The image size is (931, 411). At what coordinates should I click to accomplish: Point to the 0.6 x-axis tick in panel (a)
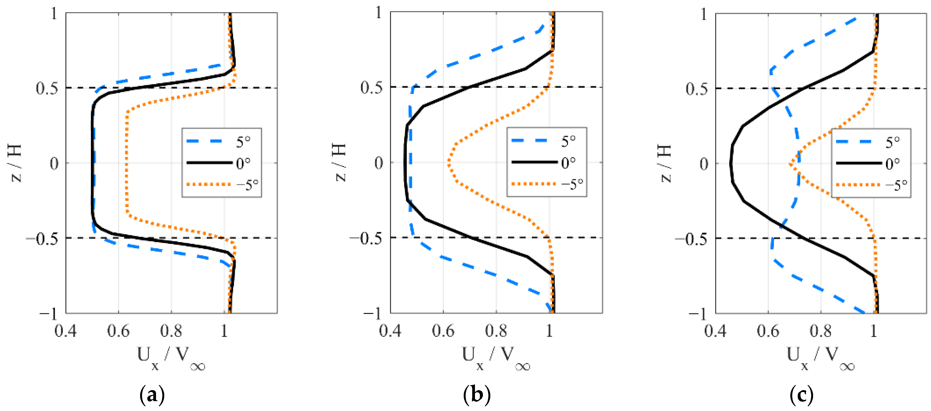118,331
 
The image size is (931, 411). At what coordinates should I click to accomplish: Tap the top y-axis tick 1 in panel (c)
703,15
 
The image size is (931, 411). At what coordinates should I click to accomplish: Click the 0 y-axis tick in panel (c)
704,164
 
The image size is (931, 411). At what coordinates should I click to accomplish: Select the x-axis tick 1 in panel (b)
549,331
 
